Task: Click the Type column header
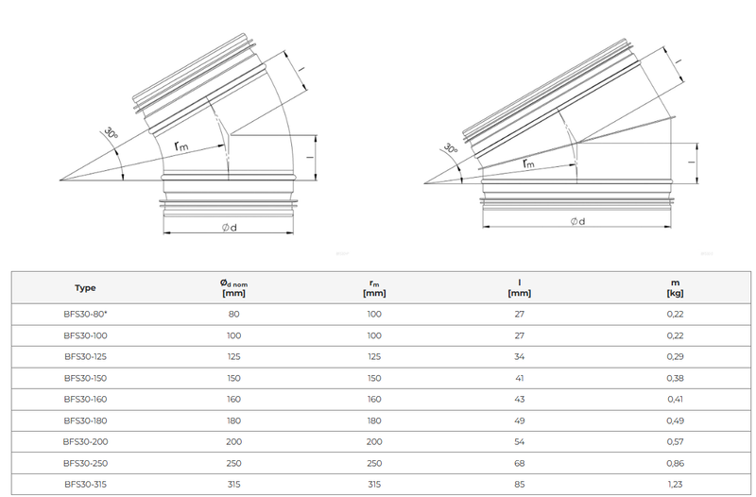point(85,288)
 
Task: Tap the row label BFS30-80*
point(85,314)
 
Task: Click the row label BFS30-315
point(85,484)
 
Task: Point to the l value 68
point(523,462)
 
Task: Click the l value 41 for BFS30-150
point(523,377)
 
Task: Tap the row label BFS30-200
point(85,441)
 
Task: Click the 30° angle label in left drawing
point(112,135)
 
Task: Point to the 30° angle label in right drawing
point(452,147)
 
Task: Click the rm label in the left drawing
point(182,146)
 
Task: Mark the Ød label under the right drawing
point(576,220)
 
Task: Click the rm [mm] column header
point(374,288)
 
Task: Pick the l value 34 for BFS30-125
point(523,356)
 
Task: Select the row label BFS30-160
point(85,399)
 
